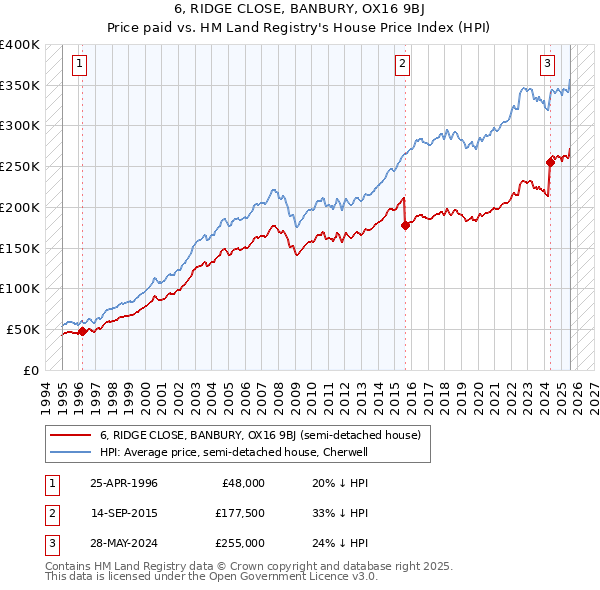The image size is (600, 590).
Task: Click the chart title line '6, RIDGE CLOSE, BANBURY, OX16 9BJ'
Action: tap(300, 10)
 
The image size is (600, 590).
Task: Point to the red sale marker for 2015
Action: tap(405, 225)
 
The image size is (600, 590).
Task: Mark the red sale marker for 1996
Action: tap(82, 331)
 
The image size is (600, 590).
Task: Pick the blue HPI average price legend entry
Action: tap(234, 452)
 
